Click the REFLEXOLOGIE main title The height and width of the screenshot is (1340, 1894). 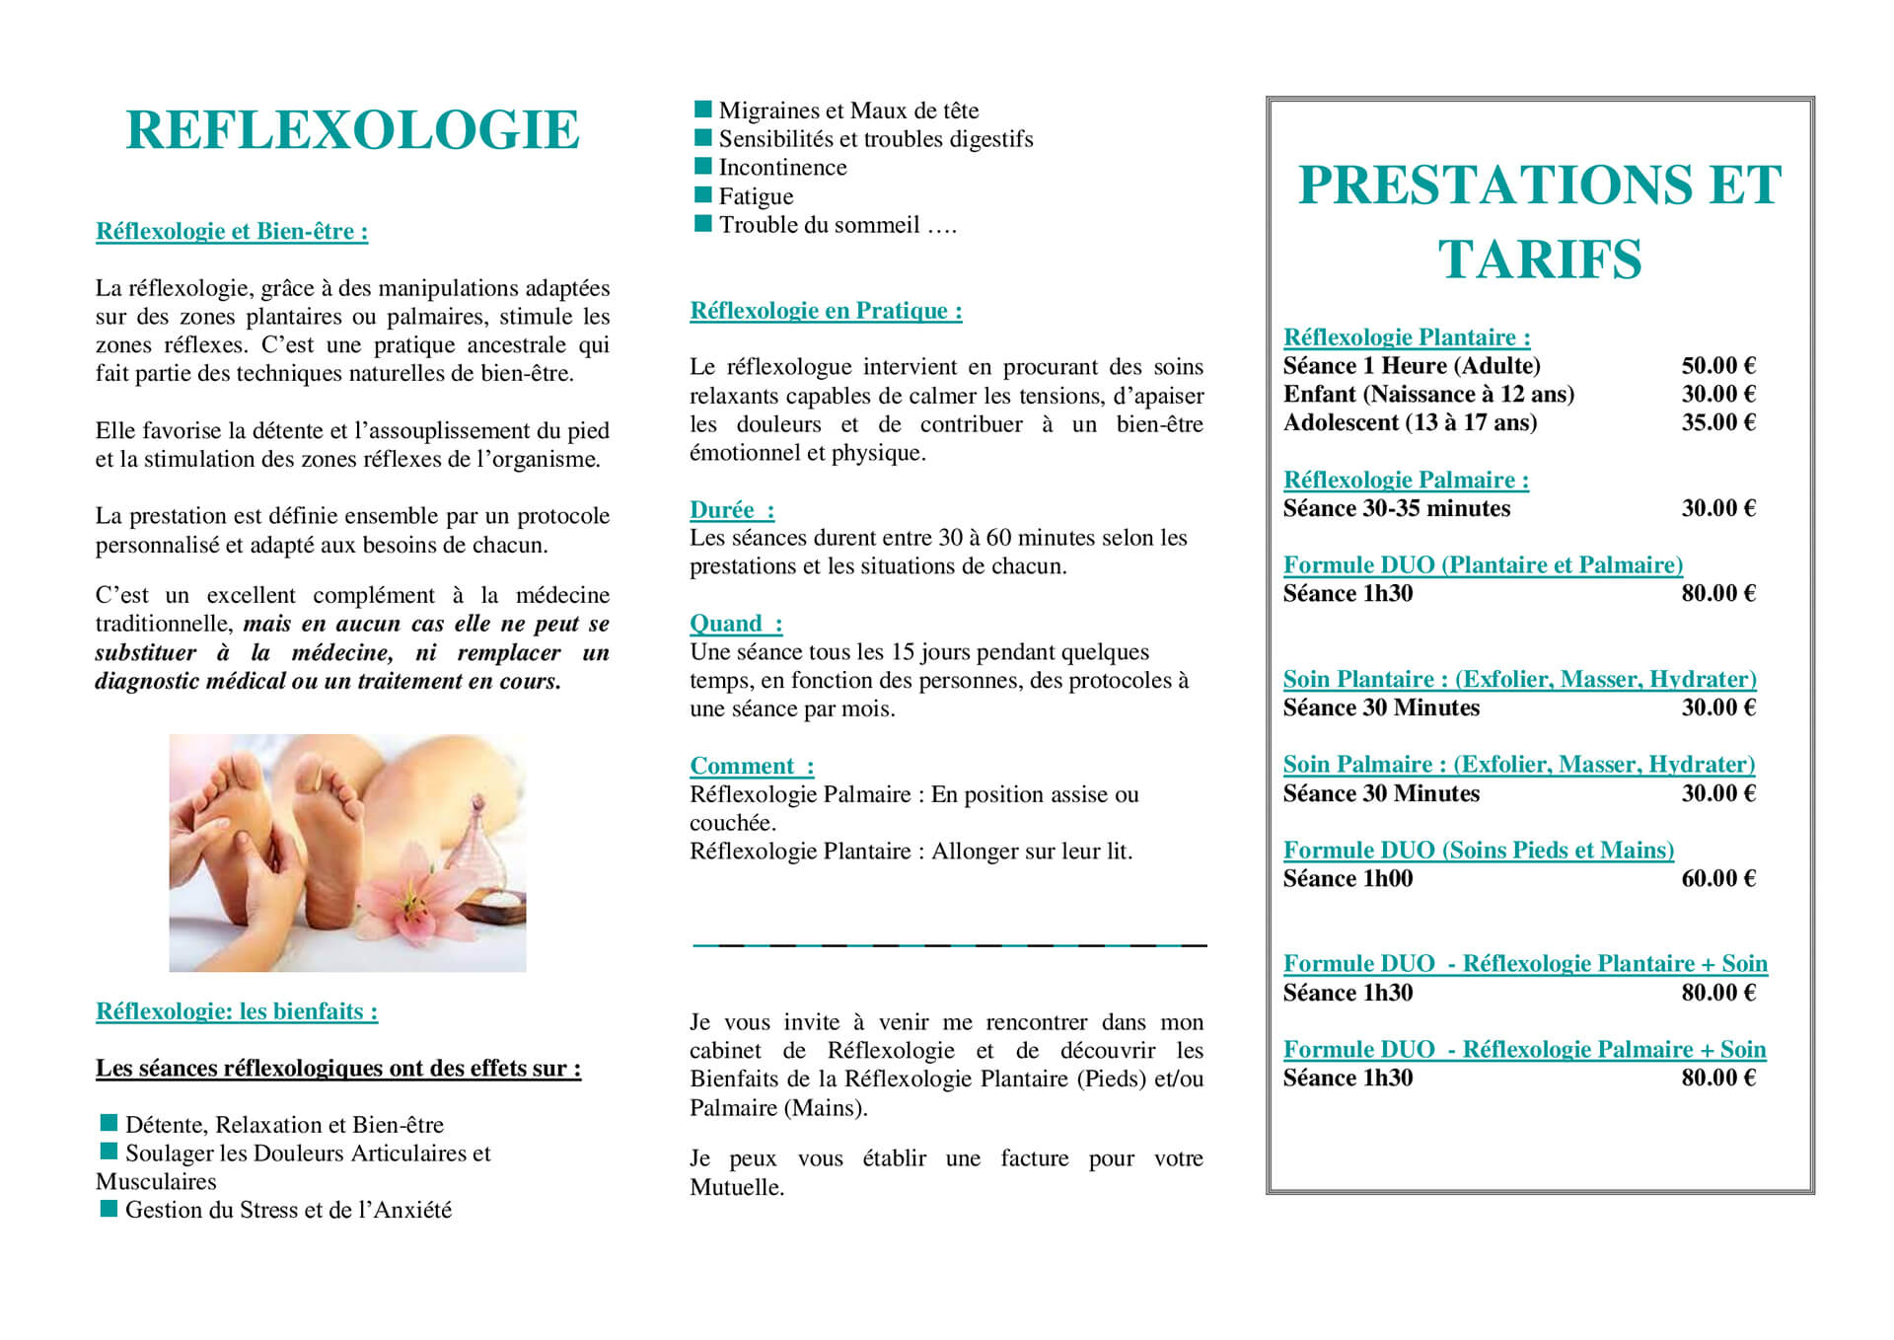(x=352, y=130)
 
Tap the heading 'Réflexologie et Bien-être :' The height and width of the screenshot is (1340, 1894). (x=232, y=232)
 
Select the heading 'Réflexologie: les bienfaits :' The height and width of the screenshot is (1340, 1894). (x=237, y=1011)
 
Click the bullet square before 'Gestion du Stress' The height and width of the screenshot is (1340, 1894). (x=109, y=1208)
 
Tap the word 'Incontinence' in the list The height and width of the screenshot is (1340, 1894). (x=782, y=168)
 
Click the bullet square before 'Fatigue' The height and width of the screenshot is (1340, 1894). (x=702, y=194)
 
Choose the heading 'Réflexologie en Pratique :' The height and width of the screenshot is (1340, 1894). (x=826, y=311)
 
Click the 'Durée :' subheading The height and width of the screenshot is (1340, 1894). (x=732, y=510)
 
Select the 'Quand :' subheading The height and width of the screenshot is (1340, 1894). (x=736, y=624)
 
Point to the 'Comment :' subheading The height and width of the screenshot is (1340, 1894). (x=752, y=766)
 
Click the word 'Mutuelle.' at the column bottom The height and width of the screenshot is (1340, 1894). (x=737, y=1187)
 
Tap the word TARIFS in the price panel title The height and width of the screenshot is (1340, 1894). (x=1539, y=260)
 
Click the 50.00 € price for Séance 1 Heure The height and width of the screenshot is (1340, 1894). (x=1718, y=366)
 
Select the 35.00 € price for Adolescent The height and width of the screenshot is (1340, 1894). (x=1718, y=423)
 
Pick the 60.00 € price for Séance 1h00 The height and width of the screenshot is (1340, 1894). (x=1718, y=879)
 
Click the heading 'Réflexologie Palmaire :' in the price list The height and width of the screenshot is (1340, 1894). (x=1406, y=481)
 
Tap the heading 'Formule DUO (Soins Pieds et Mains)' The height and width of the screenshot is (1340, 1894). (x=1478, y=851)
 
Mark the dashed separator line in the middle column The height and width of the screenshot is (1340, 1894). (x=949, y=945)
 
